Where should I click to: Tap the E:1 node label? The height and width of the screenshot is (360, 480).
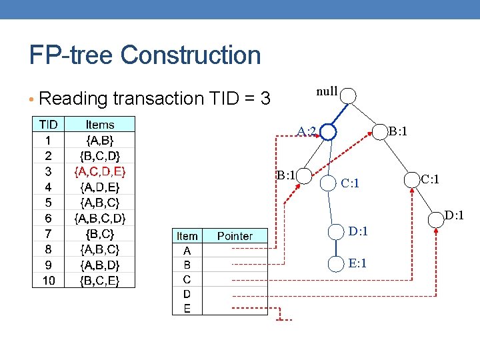(x=358, y=264)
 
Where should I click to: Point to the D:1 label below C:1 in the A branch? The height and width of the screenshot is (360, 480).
(x=358, y=231)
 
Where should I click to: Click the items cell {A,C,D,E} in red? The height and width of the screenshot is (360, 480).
(x=100, y=171)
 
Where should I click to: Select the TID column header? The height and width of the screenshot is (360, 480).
(x=49, y=125)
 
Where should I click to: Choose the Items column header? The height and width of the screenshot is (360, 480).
(x=100, y=125)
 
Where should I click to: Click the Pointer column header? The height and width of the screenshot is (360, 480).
(x=235, y=236)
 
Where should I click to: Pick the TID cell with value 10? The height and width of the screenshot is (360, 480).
(x=49, y=280)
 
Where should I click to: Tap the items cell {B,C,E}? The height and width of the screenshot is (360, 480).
(x=100, y=280)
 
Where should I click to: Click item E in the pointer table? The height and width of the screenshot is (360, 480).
(x=187, y=308)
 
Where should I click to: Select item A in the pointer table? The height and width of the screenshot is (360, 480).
(x=187, y=251)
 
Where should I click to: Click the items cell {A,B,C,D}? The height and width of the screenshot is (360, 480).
(x=100, y=218)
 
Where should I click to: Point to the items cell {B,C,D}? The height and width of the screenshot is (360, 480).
(x=100, y=156)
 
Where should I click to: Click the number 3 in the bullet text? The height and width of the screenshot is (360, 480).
(x=265, y=99)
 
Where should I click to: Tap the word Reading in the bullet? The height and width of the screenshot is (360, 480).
(x=74, y=99)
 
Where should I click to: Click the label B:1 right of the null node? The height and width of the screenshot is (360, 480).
(x=399, y=132)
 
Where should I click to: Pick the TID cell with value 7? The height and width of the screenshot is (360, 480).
(x=49, y=233)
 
